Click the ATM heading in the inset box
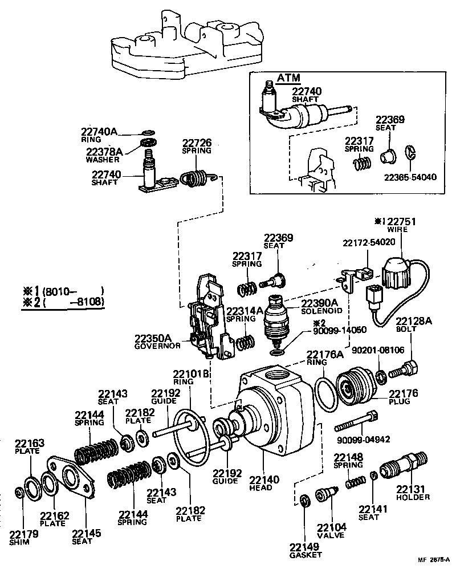tap(289, 78)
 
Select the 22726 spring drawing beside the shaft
tap(197, 178)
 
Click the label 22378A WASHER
tap(104, 155)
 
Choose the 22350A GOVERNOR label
tap(157, 342)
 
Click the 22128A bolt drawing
tap(404, 368)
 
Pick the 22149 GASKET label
tap(306, 550)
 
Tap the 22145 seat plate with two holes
tap(71, 473)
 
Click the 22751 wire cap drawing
tap(396, 273)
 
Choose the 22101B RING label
tap(192, 379)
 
